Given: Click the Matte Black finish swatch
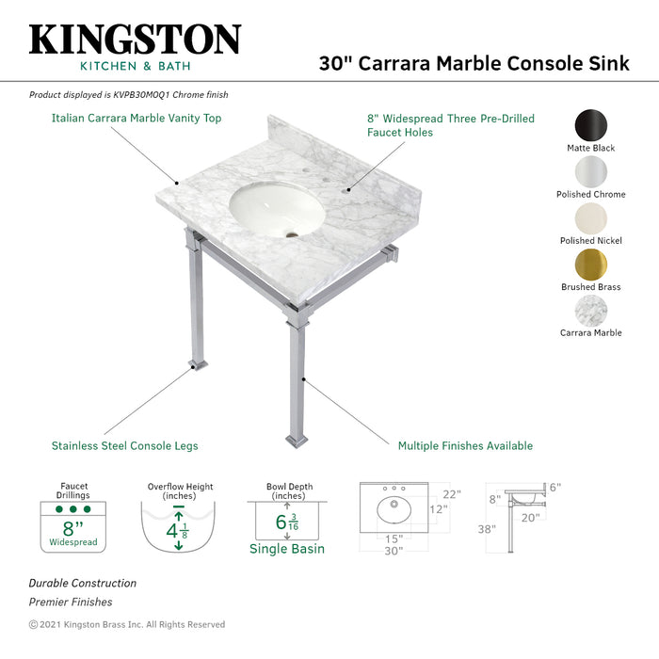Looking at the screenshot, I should [x=591, y=124].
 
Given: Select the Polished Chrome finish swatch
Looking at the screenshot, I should [x=591, y=171].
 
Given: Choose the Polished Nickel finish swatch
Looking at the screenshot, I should [x=591, y=217].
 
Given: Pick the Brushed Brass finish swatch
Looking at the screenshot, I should [x=591, y=264].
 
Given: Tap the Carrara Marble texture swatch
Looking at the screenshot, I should [x=591, y=310].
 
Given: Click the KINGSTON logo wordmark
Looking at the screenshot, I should [x=135, y=40].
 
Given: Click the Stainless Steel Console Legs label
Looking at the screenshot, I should [x=124, y=446].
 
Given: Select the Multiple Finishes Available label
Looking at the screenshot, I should [x=465, y=446].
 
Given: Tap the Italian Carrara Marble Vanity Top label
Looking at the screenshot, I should [x=137, y=119].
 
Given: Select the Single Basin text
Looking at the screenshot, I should [x=286, y=549].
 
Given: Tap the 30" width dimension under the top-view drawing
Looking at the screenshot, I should [x=394, y=551].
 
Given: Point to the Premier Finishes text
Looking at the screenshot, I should [x=71, y=602].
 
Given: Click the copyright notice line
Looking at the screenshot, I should [x=127, y=624].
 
